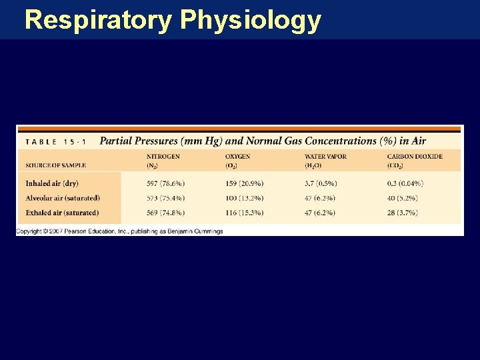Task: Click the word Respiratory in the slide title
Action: click(98, 20)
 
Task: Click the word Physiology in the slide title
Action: click(251, 20)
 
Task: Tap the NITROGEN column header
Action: click(163, 157)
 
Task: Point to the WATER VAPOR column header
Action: click(325, 157)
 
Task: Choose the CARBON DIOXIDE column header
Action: click(414, 157)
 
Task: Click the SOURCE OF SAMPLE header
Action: click(56, 165)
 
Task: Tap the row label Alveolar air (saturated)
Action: click(63, 198)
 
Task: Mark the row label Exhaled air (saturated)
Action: click(62, 213)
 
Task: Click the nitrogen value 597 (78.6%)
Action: click(166, 183)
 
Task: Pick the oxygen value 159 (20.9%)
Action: click(244, 183)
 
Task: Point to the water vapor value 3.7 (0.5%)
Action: click(321, 183)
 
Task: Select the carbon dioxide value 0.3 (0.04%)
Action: click(405, 183)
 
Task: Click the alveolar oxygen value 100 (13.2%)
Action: click(244, 198)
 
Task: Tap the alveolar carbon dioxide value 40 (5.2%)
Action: click(402, 198)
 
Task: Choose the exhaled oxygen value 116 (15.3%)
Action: click(244, 213)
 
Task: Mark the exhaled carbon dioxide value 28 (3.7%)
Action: click(402, 213)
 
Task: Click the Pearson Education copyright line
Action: click(120, 231)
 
